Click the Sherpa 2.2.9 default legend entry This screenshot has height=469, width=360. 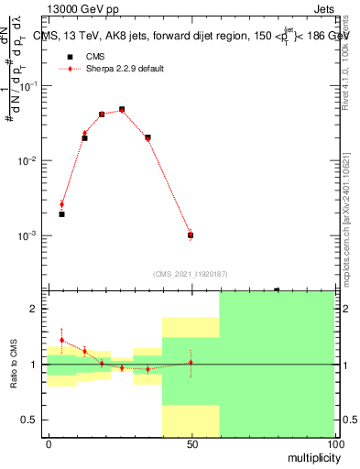point(125,69)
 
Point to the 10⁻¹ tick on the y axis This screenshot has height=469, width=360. point(30,85)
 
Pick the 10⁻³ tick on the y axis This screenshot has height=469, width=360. point(30,235)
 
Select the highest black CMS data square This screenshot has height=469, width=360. point(122,110)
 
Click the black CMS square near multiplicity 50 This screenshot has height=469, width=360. point(191,235)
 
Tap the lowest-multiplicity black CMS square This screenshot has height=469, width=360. point(61,214)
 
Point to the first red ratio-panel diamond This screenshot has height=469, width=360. point(61,340)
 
